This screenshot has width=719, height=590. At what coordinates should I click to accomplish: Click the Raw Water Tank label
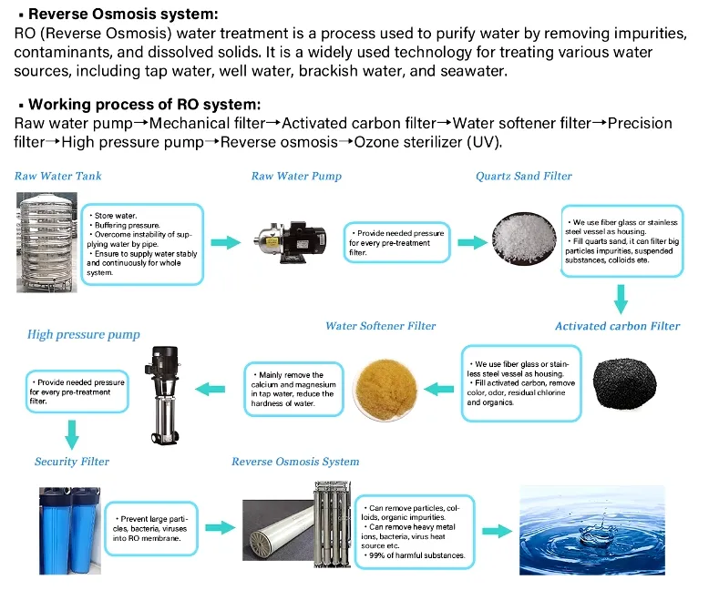click(57, 176)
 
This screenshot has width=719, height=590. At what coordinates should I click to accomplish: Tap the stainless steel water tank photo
click(46, 242)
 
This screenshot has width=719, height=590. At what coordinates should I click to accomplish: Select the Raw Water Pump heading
click(296, 176)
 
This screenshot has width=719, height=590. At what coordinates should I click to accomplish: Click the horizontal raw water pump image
click(291, 242)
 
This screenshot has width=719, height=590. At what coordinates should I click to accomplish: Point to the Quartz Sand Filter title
click(524, 176)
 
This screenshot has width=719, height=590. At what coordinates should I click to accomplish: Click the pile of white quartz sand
click(524, 239)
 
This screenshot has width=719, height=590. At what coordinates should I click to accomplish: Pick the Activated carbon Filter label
click(617, 326)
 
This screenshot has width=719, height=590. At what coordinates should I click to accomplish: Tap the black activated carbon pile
click(624, 383)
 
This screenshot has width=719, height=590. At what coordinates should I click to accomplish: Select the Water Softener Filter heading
click(381, 326)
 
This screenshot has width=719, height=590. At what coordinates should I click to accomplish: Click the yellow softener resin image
click(386, 390)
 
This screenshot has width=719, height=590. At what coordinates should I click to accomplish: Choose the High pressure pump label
click(84, 334)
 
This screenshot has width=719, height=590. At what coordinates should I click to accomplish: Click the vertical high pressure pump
click(163, 395)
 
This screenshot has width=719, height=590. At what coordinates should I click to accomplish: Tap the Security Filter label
click(72, 462)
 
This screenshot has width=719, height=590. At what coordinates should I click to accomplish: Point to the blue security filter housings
click(69, 531)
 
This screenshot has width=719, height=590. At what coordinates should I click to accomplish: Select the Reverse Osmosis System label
click(295, 462)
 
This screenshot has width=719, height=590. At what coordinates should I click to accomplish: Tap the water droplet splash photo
click(592, 530)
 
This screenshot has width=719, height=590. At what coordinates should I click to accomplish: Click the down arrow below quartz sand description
click(621, 300)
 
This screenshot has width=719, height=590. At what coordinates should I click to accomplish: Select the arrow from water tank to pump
click(226, 242)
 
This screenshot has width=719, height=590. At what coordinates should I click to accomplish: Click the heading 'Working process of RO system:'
click(145, 105)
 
